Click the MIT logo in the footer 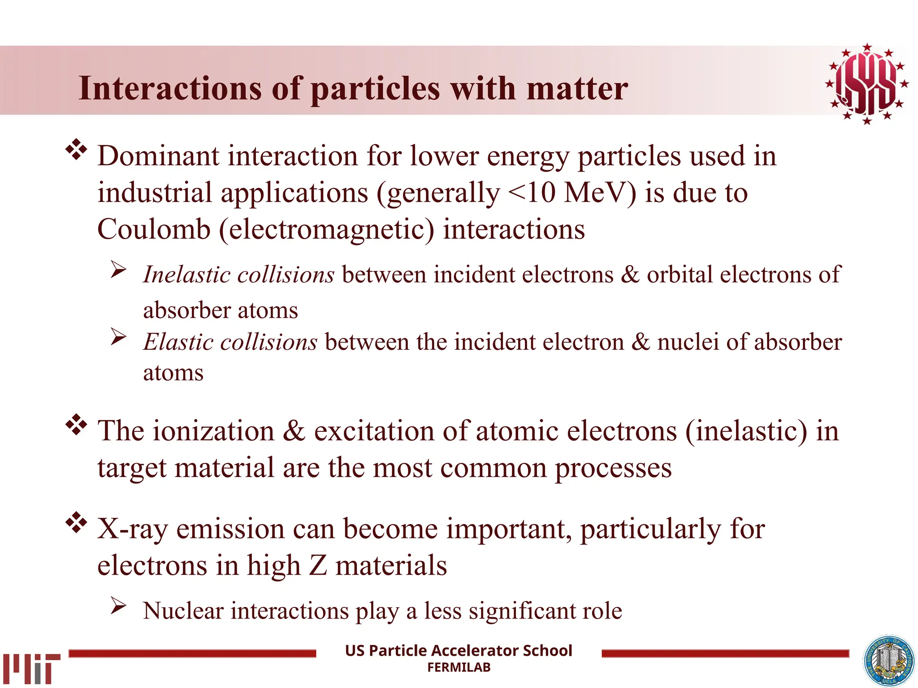click(31, 668)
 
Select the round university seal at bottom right click(889, 661)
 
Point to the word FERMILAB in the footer click(459, 667)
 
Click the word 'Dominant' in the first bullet click(158, 156)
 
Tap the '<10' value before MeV click(532, 193)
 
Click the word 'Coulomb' click(154, 229)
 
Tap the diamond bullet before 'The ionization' click(77, 425)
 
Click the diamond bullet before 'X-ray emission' click(77, 522)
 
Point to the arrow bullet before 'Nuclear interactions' click(119, 606)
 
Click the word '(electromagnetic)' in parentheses click(327, 230)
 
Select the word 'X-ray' click(132, 529)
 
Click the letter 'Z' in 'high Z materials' click(318, 565)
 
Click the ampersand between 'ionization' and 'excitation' click(294, 431)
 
